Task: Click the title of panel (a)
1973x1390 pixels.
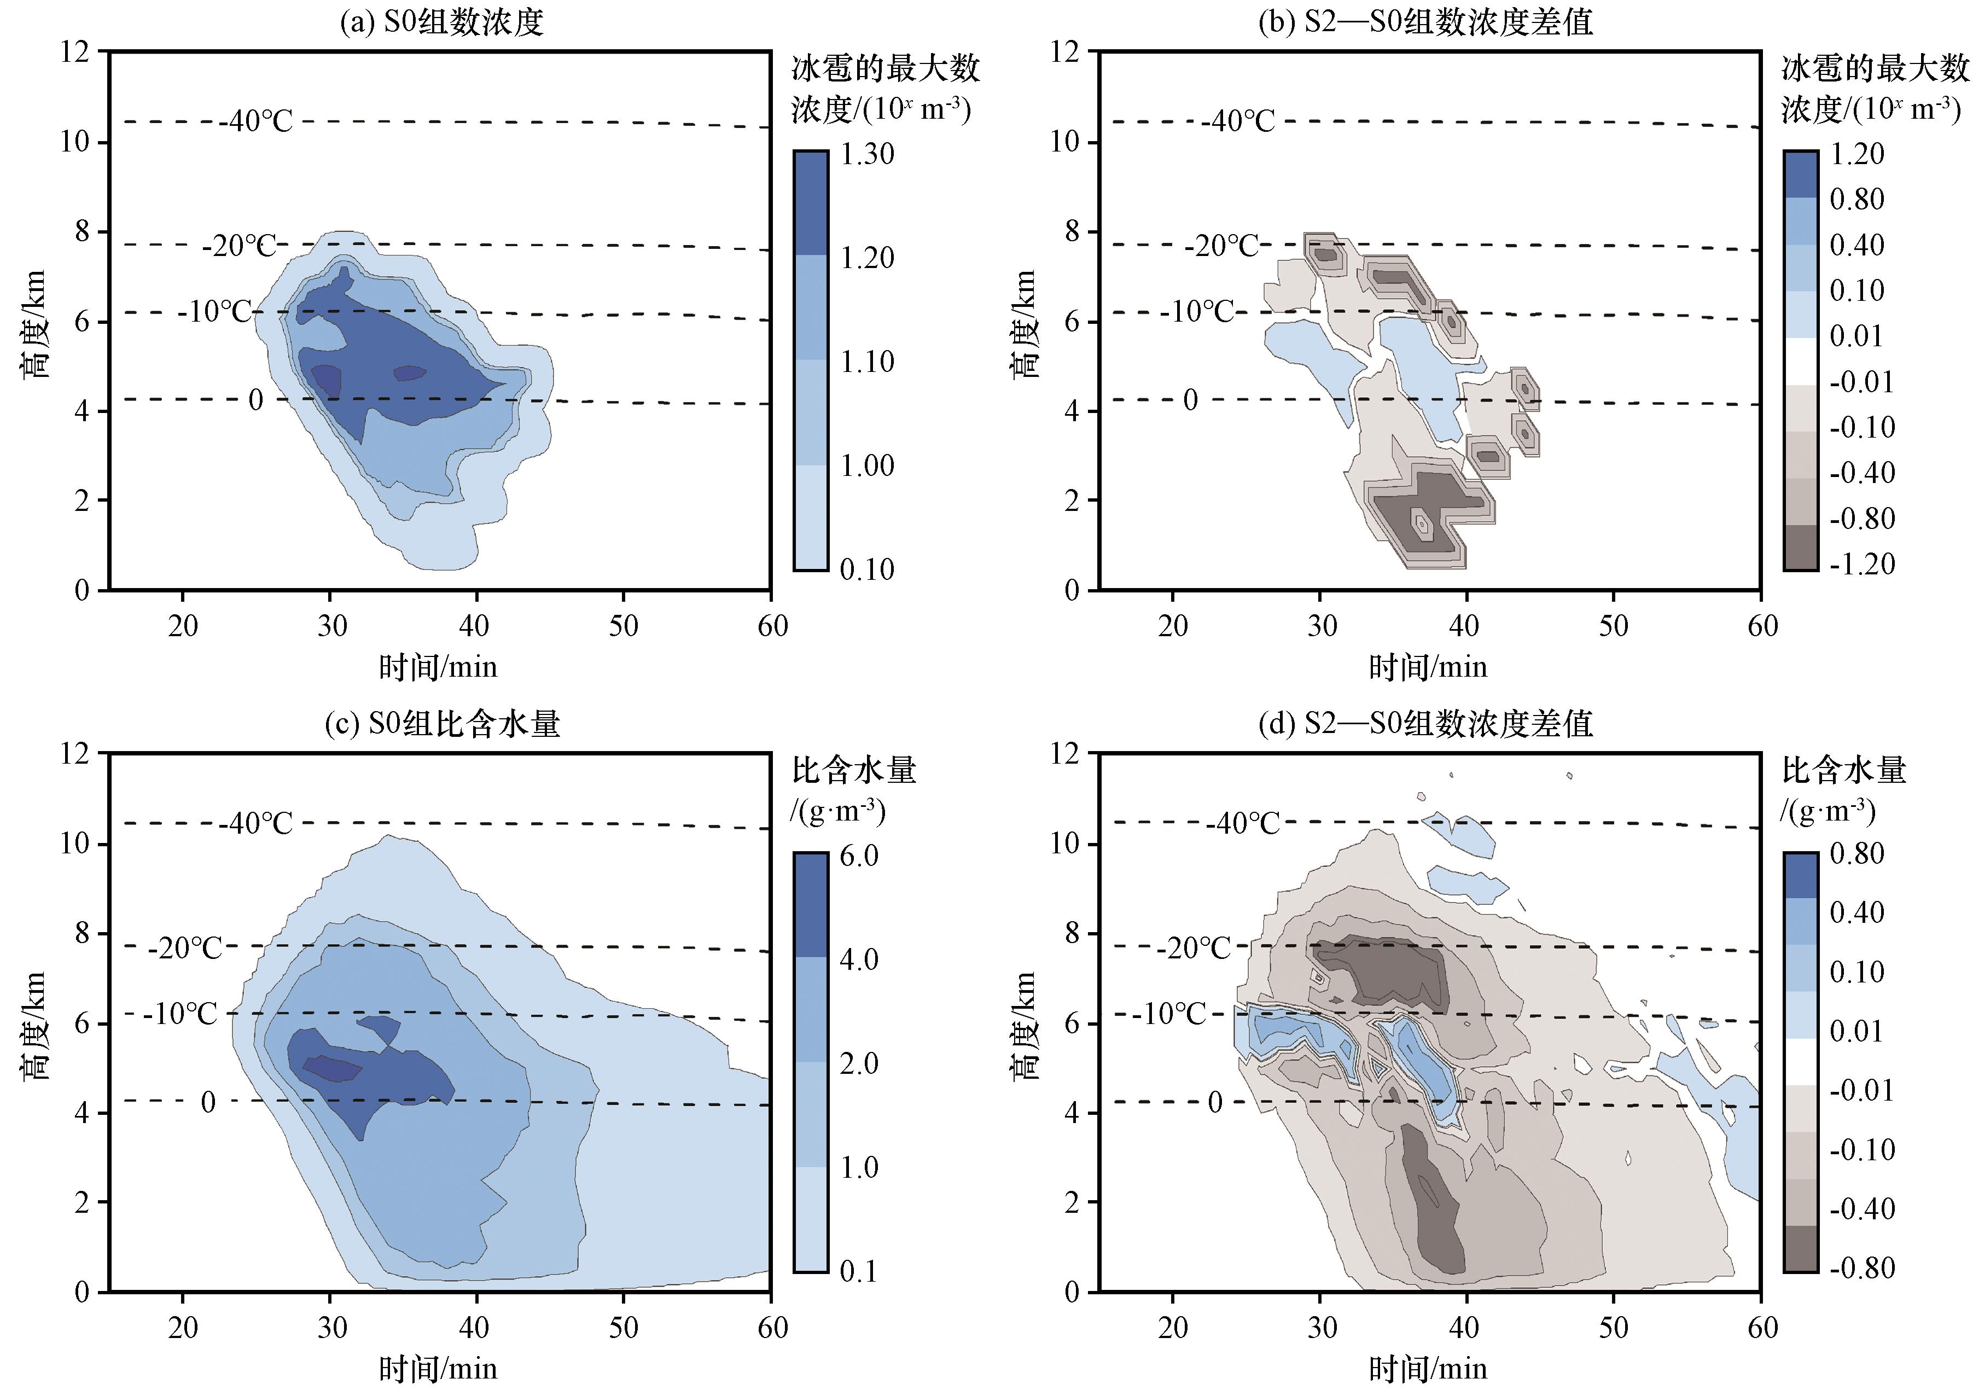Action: pyautogui.click(x=441, y=21)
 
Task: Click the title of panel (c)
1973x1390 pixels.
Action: pyautogui.click(x=441, y=724)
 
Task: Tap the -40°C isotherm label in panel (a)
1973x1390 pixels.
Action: pyautogui.click(x=256, y=121)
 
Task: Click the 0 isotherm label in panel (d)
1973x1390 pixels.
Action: pyautogui.click(x=1215, y=1102)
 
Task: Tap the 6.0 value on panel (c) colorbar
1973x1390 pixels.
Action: pyautogui.click(x=859, y=856)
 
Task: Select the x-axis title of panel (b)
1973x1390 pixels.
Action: pyautogui.click(x=1427, y=667)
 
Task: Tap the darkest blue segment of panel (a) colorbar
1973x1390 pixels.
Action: pyautogui.click(x=810, y=203)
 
